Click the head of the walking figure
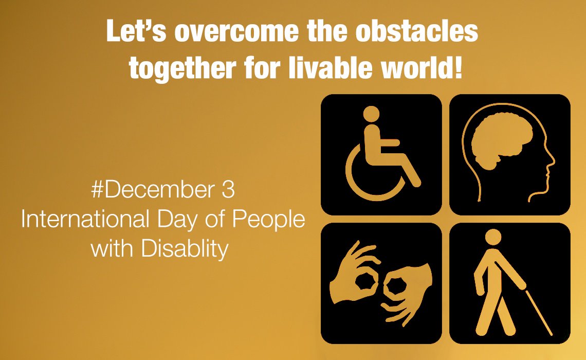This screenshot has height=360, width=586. coord(493,237)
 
